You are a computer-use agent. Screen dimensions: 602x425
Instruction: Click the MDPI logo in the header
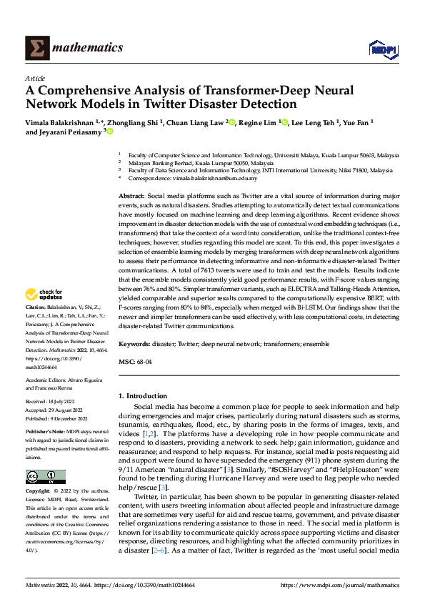(x=381, y=48)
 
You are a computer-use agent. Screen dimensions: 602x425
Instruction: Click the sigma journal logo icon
(x=36, y=48)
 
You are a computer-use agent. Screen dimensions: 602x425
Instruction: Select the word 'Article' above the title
(x=35, y=78)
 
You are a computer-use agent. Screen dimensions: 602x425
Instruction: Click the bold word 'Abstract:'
(x=132, y=195)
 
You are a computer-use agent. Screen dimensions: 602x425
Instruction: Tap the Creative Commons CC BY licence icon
(x=46, y=477)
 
